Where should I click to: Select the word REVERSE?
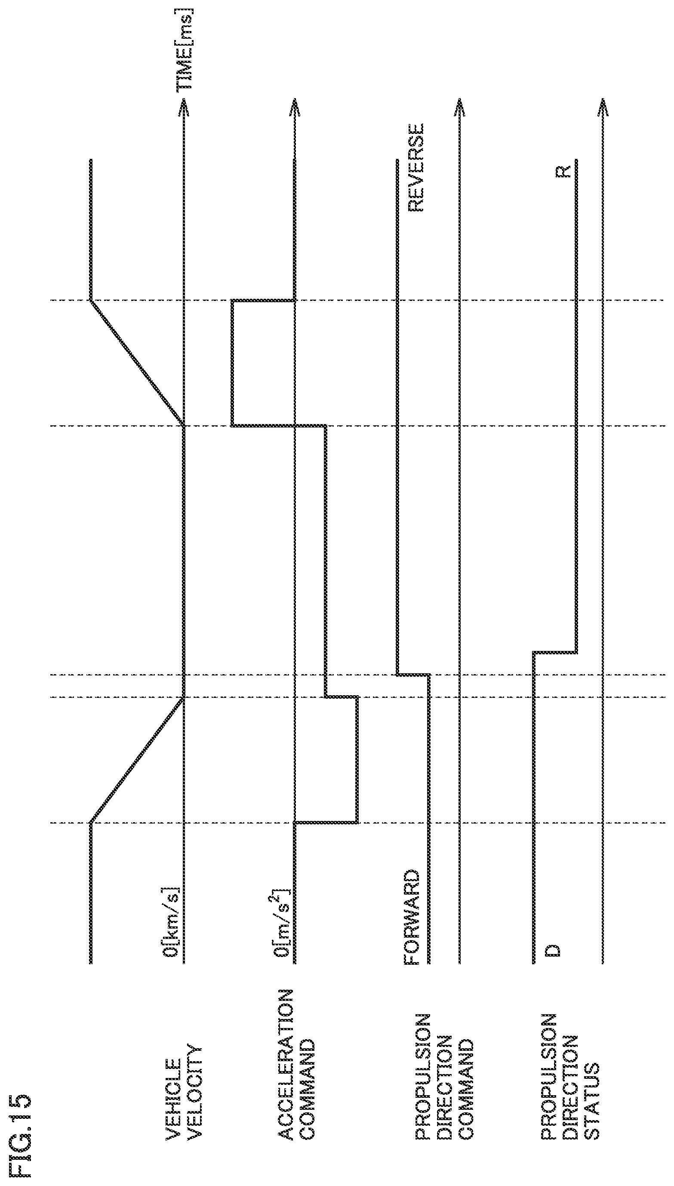point(415,168)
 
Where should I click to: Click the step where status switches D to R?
point(554,652)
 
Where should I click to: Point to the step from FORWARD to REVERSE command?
point(413,675)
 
